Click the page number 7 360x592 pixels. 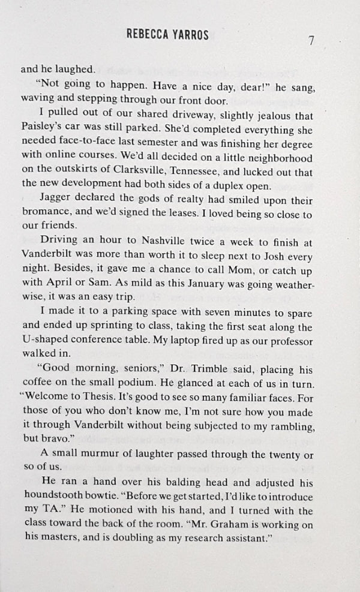tap(311, 41)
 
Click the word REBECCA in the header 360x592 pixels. tap(152, 35)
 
